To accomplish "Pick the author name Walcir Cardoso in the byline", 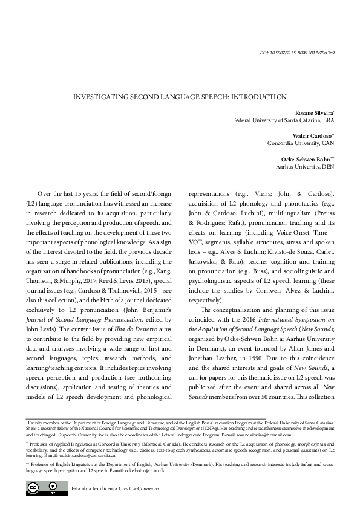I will click(x=310, y=137).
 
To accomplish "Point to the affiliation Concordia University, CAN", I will click(x=300, y=144).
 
